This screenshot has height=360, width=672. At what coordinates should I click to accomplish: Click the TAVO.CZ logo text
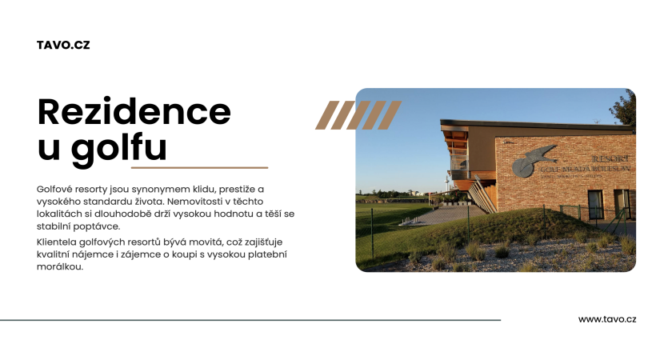[x=63, y=45]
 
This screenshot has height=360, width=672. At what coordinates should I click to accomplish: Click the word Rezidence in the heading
[x=134, y=111]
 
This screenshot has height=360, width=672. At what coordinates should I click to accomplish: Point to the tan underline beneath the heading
[x=199, y=167]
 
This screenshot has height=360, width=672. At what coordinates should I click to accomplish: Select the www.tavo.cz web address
[x=607, y=319]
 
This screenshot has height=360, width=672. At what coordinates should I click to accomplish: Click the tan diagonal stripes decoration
[x=358, y=115]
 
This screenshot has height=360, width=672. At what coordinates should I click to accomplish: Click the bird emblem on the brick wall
[x=533, y=161]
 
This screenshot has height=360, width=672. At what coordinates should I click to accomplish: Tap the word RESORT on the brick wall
[x=610, y=158]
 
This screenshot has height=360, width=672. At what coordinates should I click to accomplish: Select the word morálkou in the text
[x=59, y=266]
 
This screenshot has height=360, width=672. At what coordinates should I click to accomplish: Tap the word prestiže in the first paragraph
[x=237, y=190]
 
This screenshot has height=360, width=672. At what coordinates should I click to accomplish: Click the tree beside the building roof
[x=623, y=108]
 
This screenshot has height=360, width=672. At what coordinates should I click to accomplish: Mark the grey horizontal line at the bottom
[x=250, y=320]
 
